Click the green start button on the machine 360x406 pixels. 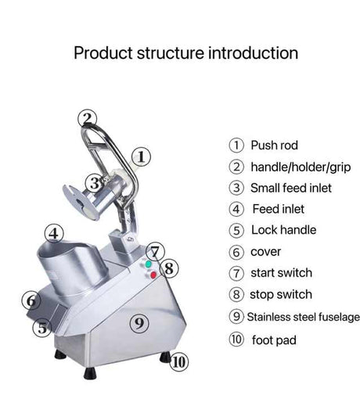tap(148, 264)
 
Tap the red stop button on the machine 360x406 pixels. tap(153, 275)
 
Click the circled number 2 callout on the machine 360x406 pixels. tap(88, 119)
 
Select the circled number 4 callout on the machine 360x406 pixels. tap(54, 233)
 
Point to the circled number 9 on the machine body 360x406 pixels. tap(139, 323)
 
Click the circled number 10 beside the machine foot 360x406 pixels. tap(179, 362)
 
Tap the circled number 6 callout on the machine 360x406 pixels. tap(31, 300)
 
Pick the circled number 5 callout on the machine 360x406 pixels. tap(42, 328)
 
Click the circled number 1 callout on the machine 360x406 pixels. tap(141, 156)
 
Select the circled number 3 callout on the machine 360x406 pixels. tap(95, 183)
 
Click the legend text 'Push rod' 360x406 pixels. tap(274, 146)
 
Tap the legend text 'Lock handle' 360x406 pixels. tap(284, 230)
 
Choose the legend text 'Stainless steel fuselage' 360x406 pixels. tap(304, 318)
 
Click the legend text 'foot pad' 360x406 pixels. tap(274, 340)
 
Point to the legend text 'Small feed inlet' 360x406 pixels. tap(291, 188)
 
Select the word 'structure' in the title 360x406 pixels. tap(170, 53)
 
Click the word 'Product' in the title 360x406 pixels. tap(103, 53)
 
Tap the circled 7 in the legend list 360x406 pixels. tap(236, 273)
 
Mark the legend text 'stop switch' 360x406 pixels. tap(281, 295)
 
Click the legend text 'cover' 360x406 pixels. tap(266, 252)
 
